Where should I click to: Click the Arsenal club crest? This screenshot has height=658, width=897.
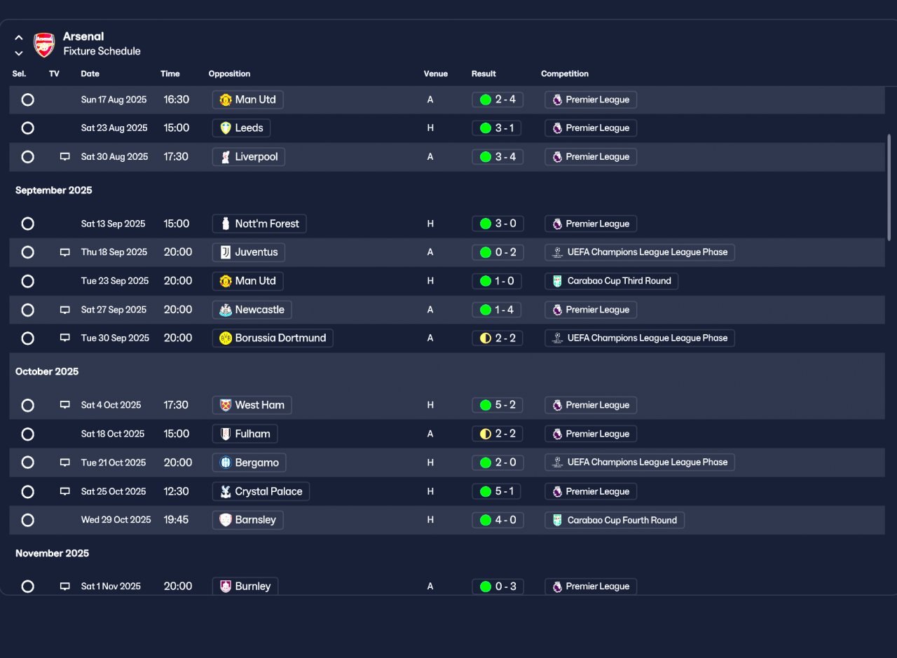44,44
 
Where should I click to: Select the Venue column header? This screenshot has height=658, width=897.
435,74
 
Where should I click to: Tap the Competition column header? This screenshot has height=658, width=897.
565,74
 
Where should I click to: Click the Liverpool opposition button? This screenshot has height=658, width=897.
249,156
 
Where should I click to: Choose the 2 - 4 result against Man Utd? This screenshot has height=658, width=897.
498,100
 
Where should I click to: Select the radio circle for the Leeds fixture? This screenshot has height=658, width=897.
27,128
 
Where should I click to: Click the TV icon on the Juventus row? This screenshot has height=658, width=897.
65,252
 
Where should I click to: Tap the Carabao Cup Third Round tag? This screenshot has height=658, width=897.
611,281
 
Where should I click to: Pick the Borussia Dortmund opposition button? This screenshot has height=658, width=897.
273,338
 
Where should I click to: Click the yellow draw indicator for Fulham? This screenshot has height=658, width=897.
486,434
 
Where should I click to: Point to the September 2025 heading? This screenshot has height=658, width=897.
54,190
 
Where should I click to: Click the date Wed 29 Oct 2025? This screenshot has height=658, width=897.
116,520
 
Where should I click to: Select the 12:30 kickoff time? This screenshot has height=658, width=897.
176,491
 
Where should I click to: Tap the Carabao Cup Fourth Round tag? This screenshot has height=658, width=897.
615,520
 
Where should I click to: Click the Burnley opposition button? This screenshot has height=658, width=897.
245,587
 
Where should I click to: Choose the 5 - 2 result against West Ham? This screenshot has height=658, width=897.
498,405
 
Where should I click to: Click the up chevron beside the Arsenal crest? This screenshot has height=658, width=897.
18,38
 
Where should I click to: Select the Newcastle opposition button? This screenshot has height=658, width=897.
252,310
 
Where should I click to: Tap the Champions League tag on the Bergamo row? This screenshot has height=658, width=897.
640,462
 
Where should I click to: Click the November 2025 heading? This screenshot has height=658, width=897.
52,553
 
